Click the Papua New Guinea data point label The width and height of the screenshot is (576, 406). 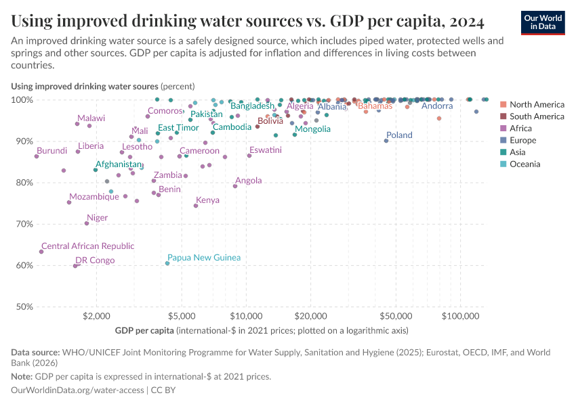click(203, 258)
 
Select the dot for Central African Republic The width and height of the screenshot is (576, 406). click(41, 252)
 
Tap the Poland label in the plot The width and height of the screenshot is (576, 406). click(399, 135)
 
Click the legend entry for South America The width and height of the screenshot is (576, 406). click(536, 116)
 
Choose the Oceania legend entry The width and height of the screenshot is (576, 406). click(524, 164)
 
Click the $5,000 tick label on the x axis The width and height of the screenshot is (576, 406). click(181, 316)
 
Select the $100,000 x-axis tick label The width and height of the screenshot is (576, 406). click(461, 316)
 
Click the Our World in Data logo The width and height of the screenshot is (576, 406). click(543, 22)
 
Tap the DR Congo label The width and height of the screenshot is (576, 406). click(95, 261)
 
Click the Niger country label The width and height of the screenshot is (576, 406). click(97, 218)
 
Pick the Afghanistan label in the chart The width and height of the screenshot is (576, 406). click(119, 164)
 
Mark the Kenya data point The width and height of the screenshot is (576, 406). click(196, 205)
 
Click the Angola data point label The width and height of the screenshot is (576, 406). click(248, 181)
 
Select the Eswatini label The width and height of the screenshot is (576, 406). click(265, 150)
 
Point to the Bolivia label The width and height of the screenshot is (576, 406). click(270, 121)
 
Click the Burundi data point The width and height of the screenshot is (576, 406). click(37, 156)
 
